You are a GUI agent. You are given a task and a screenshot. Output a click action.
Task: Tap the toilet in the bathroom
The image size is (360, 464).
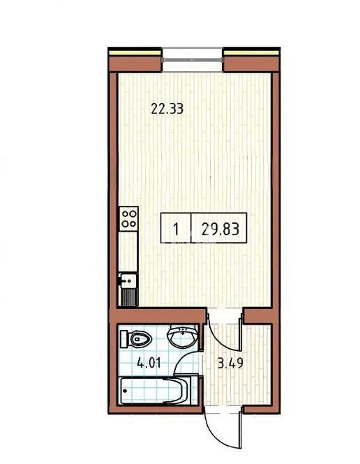click(x=137, y=340)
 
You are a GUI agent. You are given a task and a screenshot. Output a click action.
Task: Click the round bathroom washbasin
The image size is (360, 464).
click(x=183, y=338)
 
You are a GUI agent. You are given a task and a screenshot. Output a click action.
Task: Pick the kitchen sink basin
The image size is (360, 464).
click(x=127, y=281)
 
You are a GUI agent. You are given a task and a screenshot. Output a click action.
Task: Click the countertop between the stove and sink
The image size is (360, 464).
click(x=127, y=252)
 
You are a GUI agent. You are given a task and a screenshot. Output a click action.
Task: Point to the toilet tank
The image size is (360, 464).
click(x=124, y=340)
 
